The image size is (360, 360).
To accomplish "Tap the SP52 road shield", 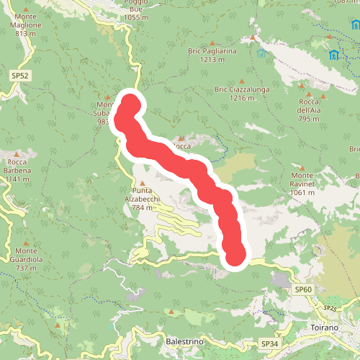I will click(19, 75).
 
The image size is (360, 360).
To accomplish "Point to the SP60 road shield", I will click(304, 289).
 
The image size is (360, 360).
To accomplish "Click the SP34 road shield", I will click(269, 345).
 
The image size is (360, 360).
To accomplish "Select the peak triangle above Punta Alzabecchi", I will click(143, 183).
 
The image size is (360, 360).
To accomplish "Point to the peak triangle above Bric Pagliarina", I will click(252, 37).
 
